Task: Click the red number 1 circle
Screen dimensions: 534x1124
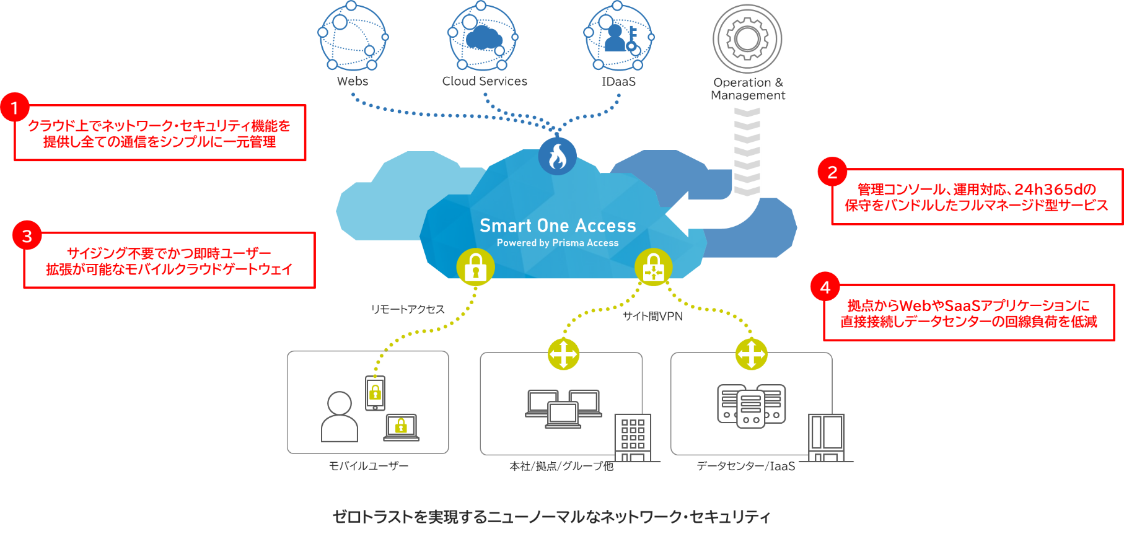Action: point(14,108)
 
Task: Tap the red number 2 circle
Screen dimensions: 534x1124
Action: point(832,172)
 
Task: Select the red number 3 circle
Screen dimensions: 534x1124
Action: point(27,236)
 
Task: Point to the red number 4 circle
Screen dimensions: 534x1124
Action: point(825,287)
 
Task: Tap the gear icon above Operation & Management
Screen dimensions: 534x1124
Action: point(747,38)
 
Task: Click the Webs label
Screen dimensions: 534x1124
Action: point(353,81)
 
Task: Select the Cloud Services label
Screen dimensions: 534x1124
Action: point(485,81)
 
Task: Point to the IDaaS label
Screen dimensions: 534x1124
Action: point(618,81)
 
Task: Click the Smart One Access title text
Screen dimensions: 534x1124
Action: point(558,225)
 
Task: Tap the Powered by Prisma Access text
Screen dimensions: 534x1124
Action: point(558,243)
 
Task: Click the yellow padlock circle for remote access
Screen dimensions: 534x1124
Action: point(475,267)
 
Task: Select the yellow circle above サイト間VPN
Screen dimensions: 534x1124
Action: point(653,267)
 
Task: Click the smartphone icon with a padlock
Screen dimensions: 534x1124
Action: point(375,393)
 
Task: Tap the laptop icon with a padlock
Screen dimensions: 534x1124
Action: point(401,427)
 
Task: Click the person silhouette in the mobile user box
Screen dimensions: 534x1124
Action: point(340,416)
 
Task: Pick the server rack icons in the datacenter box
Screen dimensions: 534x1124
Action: point(751,405)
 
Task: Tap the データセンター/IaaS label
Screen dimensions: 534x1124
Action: point(745,466)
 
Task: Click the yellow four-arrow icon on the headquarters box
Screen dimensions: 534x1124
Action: point(563,354)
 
